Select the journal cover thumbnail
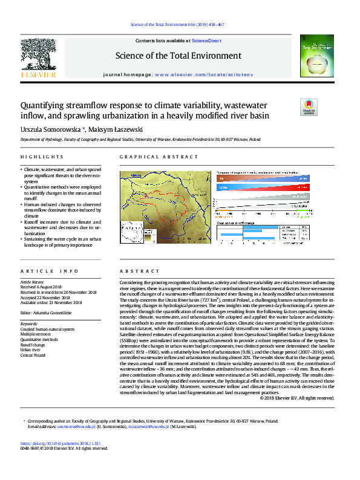(x=316, y=56)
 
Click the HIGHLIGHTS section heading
(x=38, y=157)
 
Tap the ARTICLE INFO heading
(x=40, y=271)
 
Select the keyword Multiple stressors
(x=36, y=334)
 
